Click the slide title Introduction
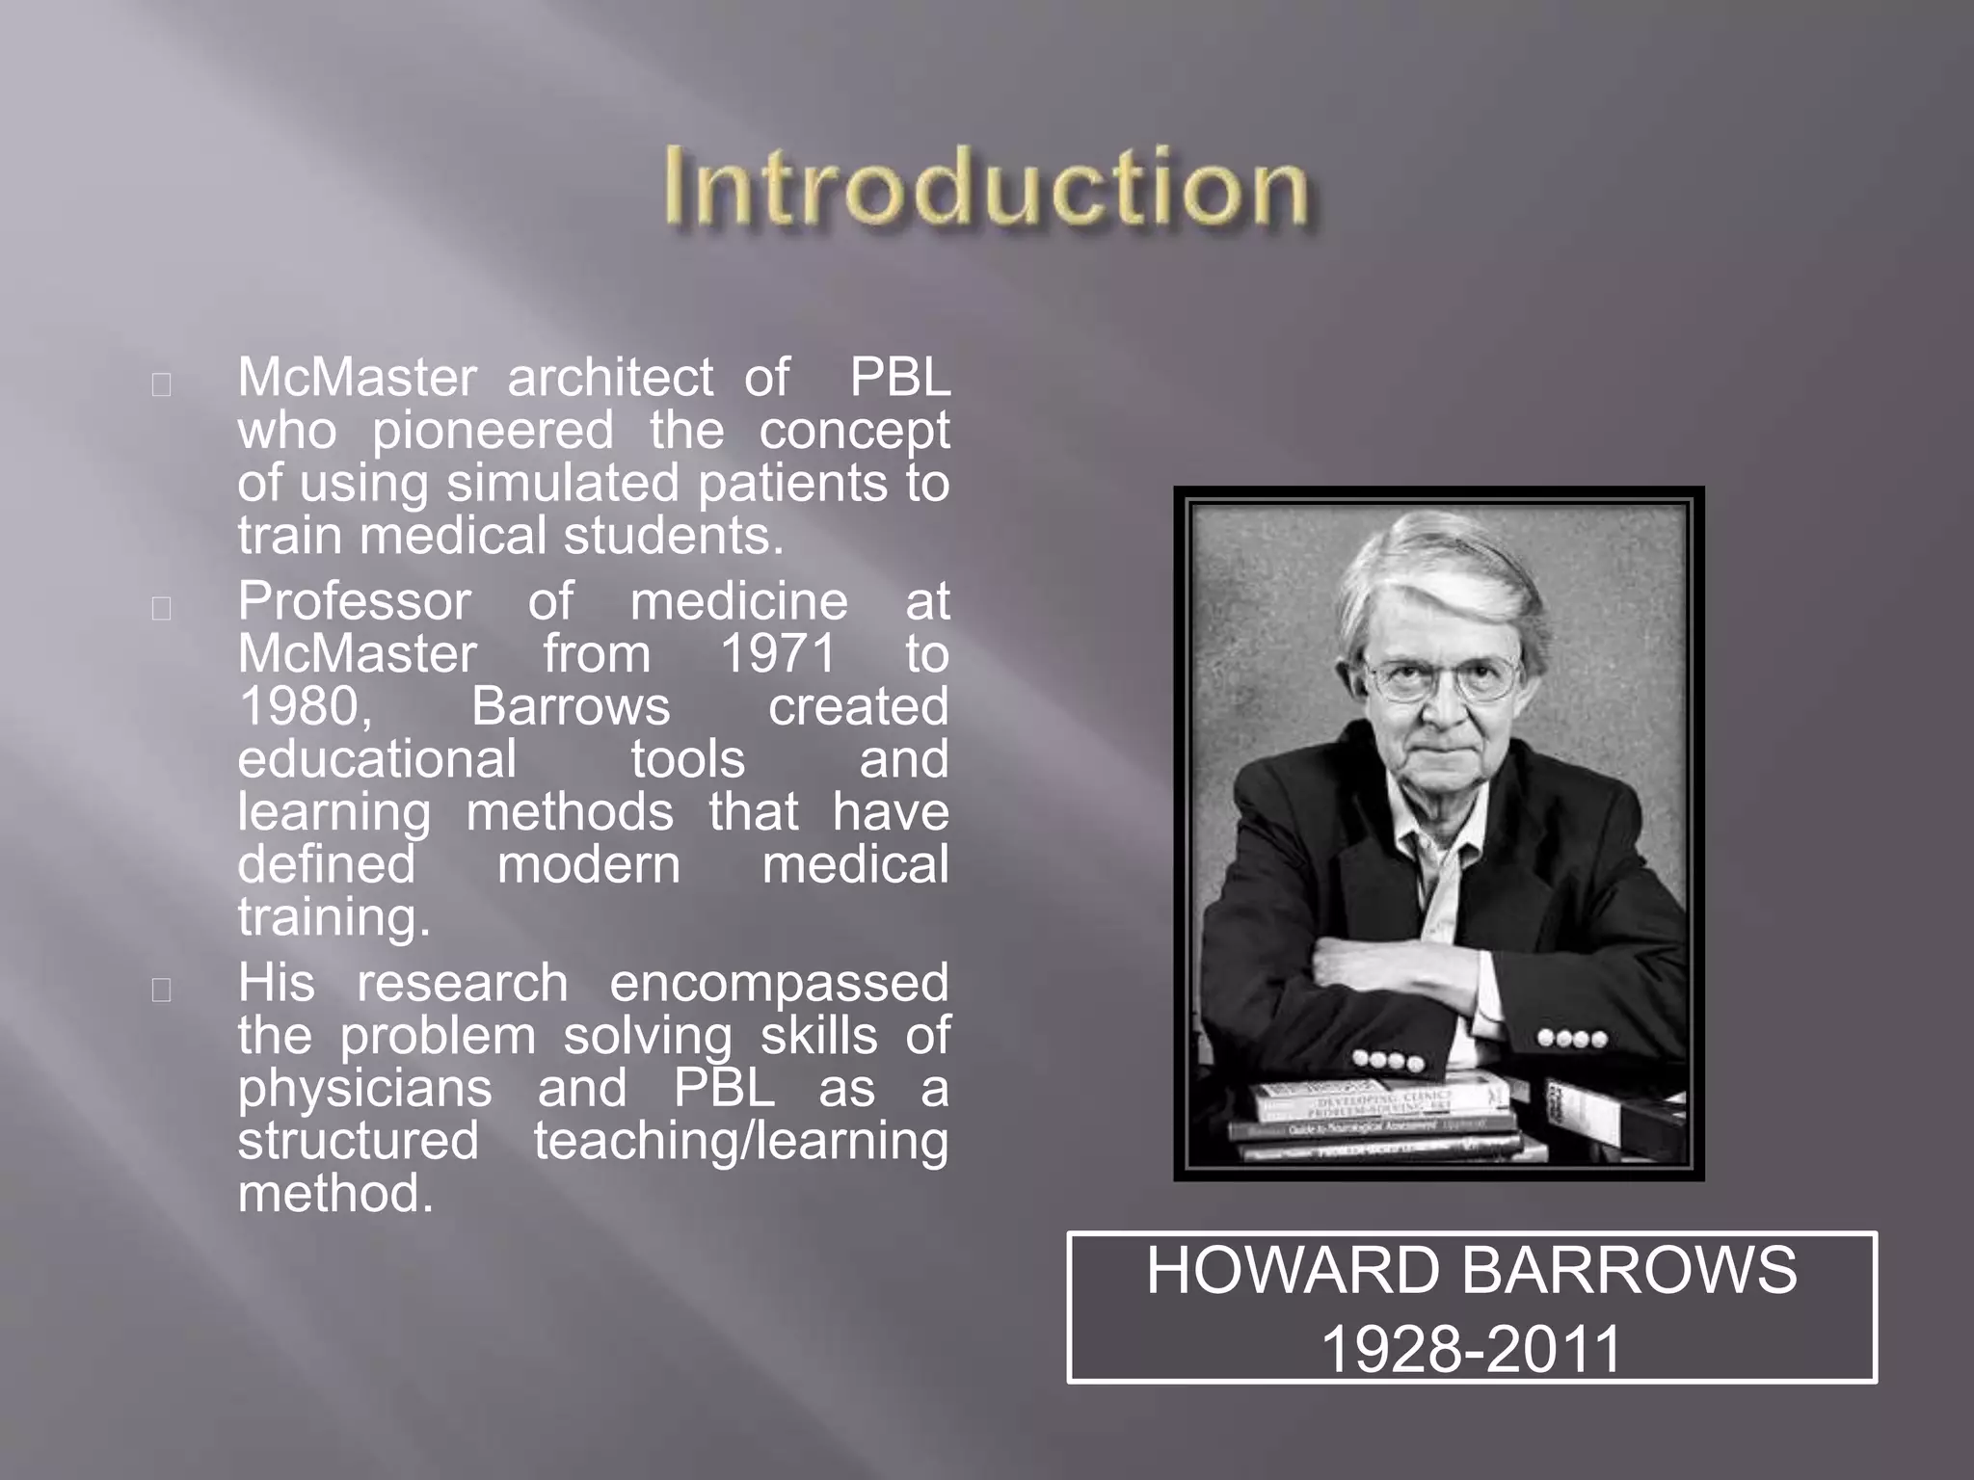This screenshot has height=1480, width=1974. tap(986, 187)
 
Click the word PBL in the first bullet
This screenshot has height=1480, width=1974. tap(898, 377)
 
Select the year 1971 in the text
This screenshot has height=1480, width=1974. tap(779, 654)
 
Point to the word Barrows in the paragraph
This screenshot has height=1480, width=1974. tap(571, 706)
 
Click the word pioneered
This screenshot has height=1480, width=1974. tap(493, 430)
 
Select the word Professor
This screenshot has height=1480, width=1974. tap(354, 601)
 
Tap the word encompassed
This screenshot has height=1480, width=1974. tap(779, 983)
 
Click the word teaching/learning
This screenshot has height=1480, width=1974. tap(741, 1141)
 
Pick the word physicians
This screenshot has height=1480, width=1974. tap(364, 1089)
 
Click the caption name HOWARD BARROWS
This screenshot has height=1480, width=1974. tap(1471, 1270)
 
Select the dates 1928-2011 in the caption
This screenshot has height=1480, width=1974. tap(1471, 1348)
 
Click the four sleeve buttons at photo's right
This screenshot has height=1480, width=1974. tap(1571, 1039)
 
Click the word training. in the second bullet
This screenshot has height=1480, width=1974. tap(333, 917)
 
